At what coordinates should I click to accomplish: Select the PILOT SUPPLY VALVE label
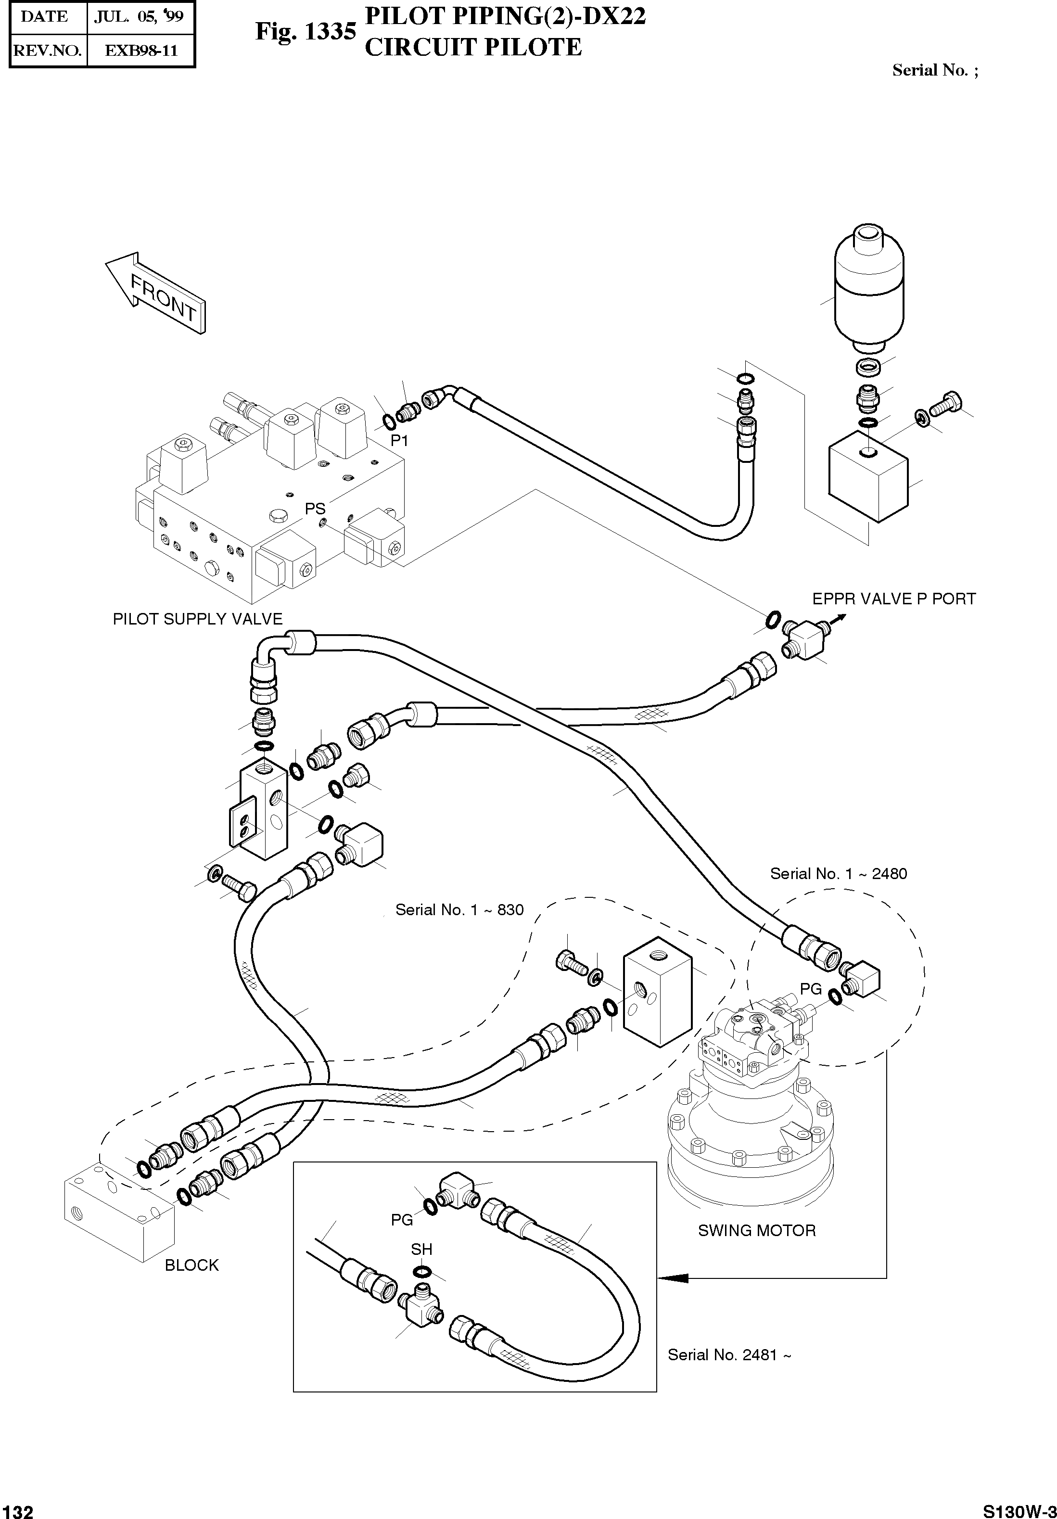tap(197, 619)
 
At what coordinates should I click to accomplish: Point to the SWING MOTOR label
tap(757, 1231)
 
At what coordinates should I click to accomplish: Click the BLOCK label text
tap(191, 1265)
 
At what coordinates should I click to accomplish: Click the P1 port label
tap(399, 441)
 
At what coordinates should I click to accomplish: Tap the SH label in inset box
tap(421, 1249)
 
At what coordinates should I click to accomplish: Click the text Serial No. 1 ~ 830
tap(459, 910)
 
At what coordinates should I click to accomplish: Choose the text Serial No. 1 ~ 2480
tap(838, 873)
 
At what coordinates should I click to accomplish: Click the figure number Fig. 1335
tap(306, 31)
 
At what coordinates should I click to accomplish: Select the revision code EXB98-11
tap(141, 51)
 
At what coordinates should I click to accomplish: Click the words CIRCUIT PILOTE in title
tap(473, 48)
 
